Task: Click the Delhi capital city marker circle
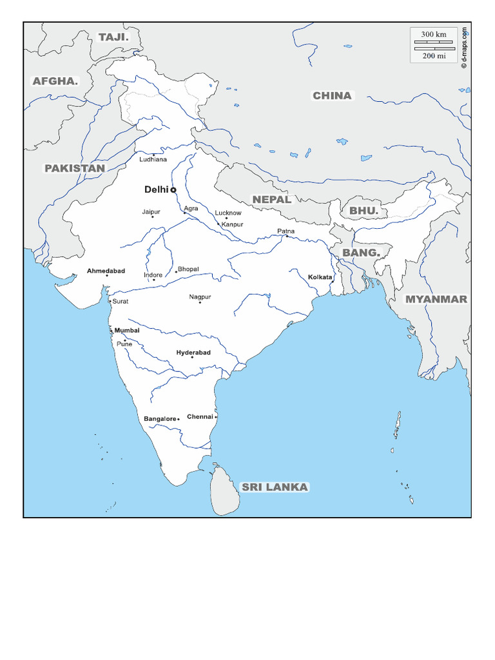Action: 173,190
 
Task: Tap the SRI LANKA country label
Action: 275,487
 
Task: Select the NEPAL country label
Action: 272,200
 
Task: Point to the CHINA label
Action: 332,96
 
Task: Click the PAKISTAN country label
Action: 74,168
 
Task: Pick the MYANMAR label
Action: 436,299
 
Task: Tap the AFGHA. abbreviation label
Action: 55,81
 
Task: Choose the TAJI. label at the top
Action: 113,37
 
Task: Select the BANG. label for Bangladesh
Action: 361,252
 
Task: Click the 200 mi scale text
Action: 434,56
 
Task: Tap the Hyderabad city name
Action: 193,353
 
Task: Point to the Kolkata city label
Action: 320,277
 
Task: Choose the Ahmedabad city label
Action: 106,271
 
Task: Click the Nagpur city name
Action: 200,297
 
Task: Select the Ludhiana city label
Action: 153,159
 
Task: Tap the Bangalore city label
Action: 160,419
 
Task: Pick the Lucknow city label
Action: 228,213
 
